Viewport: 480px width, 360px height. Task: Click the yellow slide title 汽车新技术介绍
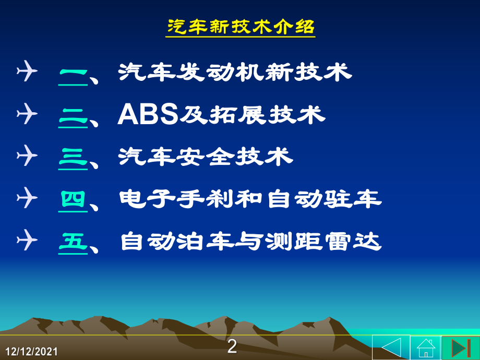pos(241,27)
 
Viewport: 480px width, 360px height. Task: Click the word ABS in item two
pos(148,114)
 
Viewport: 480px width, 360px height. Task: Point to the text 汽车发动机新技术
pos(235,72)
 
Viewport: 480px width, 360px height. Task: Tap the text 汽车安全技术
pos(206,157)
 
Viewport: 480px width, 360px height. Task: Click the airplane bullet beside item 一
pos(27,71)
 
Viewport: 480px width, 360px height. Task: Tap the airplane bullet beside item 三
pos(27,155)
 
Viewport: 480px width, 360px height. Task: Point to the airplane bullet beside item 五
pos(27,240)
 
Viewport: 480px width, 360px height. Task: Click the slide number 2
pos(232,346)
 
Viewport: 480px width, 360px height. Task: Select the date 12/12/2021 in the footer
pos(31,352)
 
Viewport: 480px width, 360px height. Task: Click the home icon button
pos(426,347)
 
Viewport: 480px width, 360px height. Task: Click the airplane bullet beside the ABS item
pos(27,114)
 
